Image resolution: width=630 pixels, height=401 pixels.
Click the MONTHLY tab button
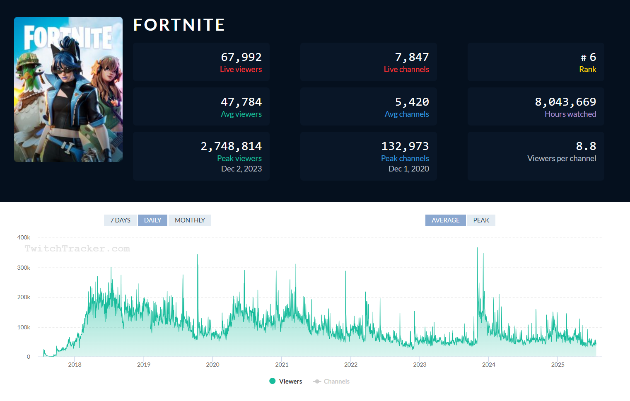(190, 220)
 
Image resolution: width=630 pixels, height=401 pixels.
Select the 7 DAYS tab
(120, 220)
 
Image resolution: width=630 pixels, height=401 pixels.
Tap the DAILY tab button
(152, 220)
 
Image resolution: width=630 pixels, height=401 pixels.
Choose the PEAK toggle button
(481, 220)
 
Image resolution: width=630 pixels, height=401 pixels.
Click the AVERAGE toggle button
(445, 220)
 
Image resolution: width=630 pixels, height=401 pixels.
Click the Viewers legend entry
(286, 382)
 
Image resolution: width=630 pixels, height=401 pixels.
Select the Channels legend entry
(331, 382)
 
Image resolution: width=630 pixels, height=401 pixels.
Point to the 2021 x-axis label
(282, 365)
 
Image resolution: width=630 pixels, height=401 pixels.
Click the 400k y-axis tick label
(24, 237)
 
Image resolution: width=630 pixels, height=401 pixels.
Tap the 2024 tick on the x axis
(489, 365)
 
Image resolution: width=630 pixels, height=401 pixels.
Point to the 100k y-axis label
(24, 327)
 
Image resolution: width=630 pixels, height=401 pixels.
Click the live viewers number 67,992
(241, 57)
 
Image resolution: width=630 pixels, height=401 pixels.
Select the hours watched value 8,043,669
(565, 102)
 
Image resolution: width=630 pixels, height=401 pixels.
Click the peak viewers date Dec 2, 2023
(241, 169)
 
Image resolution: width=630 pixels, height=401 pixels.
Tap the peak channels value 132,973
(405, 146)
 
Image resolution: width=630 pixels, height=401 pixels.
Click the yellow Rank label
(587, 70)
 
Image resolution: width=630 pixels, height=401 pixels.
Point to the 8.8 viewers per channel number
(586, 146)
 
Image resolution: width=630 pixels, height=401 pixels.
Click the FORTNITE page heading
(179, 25)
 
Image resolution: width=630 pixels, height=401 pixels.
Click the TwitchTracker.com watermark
(77, 249)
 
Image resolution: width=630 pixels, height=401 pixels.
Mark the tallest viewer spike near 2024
(478, 249)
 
